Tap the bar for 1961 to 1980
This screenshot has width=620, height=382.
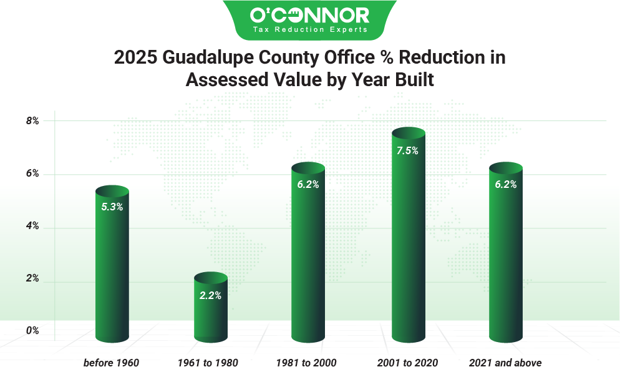(210, 312)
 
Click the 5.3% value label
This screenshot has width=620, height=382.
(112, 207)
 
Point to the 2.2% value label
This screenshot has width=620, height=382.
(210, 295)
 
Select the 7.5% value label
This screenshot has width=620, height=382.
(408, 150)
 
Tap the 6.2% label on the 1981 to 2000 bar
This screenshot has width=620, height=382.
(308, 185)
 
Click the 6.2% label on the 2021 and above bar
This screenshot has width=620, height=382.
(505, 185)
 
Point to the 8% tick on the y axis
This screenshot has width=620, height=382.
(32, 121)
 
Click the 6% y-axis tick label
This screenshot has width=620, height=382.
(32, 174)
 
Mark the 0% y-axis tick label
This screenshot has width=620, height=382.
(32, 331)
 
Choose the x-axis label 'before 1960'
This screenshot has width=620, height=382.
(111, 363)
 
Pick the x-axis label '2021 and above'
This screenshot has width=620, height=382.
(505, 363)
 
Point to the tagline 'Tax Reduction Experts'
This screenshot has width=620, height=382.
(309, 29)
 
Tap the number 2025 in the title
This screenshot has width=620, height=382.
(135, 57)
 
